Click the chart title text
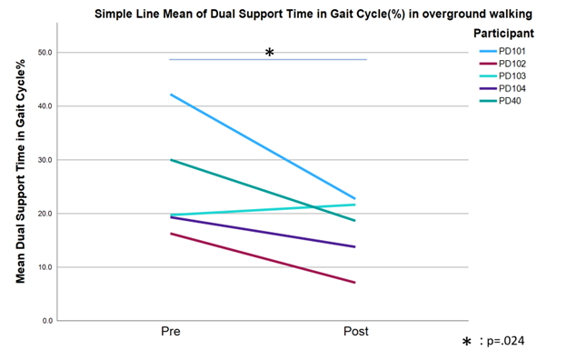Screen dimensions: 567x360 313,14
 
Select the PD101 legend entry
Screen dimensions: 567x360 502,52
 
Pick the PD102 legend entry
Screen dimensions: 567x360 502,64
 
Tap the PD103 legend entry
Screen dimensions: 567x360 502,76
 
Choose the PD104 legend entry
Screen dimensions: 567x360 502,88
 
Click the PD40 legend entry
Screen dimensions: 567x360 501,101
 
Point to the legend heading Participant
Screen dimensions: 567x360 503,34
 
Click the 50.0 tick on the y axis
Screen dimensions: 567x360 45,53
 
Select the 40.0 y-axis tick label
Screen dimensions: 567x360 45,106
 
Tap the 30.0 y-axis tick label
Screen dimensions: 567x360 45,160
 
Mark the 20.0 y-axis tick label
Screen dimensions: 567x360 45,214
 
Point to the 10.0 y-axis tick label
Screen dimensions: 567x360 45,267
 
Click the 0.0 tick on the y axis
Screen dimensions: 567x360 47,321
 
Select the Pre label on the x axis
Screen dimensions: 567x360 171,331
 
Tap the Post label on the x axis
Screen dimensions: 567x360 356,331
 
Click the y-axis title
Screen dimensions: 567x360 20,171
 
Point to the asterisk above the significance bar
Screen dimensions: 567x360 269,53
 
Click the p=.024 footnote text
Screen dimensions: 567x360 505,341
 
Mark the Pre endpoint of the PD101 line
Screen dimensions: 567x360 171,95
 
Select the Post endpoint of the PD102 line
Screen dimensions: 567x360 355,283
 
